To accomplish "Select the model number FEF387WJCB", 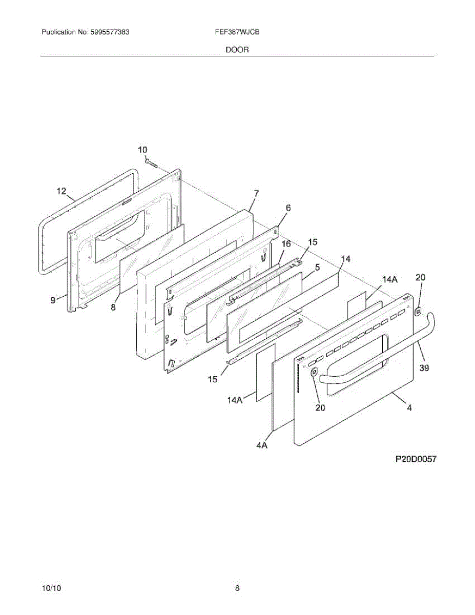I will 237,32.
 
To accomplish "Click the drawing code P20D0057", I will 415,460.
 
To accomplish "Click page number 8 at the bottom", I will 237,588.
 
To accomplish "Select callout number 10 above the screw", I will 142,150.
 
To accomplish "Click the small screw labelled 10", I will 150,162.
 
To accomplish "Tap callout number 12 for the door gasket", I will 61,191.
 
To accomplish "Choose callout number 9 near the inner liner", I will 53,300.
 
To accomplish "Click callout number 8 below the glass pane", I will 113,307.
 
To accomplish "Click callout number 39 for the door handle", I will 424,367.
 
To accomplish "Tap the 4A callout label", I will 262,446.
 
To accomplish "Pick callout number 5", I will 317,267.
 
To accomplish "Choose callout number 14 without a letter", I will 346,259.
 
